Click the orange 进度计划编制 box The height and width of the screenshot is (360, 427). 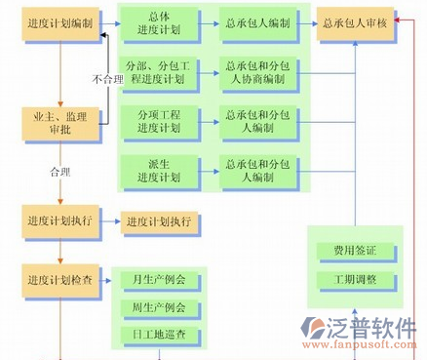coord(60,23)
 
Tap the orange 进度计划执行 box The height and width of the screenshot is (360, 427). coord(60,220)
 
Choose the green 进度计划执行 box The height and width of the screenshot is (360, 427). coord(158,221)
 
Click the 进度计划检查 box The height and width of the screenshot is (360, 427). coord(60,280)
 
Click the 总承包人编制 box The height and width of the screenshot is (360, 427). coord(257,23)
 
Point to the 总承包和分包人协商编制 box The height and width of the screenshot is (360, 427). coord(257,72)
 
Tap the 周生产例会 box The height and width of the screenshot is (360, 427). coord(159,308)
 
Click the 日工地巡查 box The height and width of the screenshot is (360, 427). coord(159,336)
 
